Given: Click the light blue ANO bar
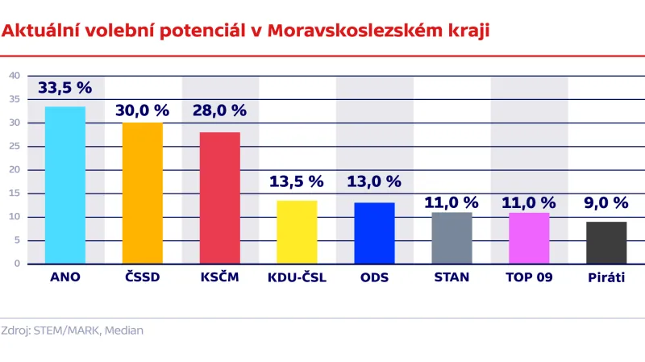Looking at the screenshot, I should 64,185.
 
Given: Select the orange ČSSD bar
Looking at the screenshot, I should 143,193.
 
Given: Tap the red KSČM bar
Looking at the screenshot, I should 219,198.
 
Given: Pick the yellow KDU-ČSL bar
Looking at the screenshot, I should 297,232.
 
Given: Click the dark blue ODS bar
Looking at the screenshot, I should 374,233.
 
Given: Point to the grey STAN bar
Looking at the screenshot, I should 451,238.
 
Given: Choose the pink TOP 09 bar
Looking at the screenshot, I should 529,238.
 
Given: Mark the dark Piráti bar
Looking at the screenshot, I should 606,243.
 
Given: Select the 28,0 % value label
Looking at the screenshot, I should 219,110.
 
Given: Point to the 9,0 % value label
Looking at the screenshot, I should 606,203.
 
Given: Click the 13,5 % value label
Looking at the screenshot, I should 297,181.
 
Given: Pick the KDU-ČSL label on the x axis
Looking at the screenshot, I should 297,278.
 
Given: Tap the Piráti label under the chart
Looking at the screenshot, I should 606,278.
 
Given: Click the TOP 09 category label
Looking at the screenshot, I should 529,278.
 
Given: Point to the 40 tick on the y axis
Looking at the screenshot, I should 15,76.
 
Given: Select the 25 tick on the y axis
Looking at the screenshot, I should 15,147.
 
